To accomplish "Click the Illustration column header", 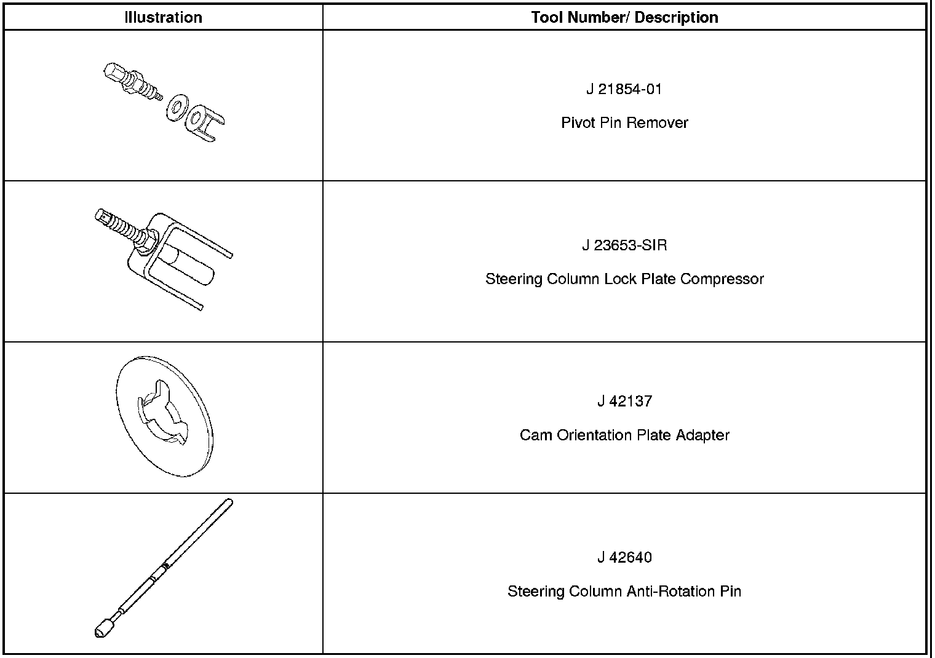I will tap(163, 17).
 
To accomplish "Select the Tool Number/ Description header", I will tap(624, 17).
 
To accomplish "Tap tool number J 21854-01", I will tap(624, 89).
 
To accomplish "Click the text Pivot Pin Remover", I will tap(624, 122).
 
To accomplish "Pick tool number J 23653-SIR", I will tap(624, 245).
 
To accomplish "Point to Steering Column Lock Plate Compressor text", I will tap(624, 279).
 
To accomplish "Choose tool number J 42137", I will tap(624, 402).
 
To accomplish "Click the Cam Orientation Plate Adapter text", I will tap(624, 435).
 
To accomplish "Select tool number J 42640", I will tap(624, 558).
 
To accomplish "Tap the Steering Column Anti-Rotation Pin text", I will tap(624, 591).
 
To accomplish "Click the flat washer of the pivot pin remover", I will tap(177, 107).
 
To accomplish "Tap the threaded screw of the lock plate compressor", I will tap(123, 226).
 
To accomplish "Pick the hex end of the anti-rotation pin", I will tap(103, 628).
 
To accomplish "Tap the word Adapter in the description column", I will tap(702, 435).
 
